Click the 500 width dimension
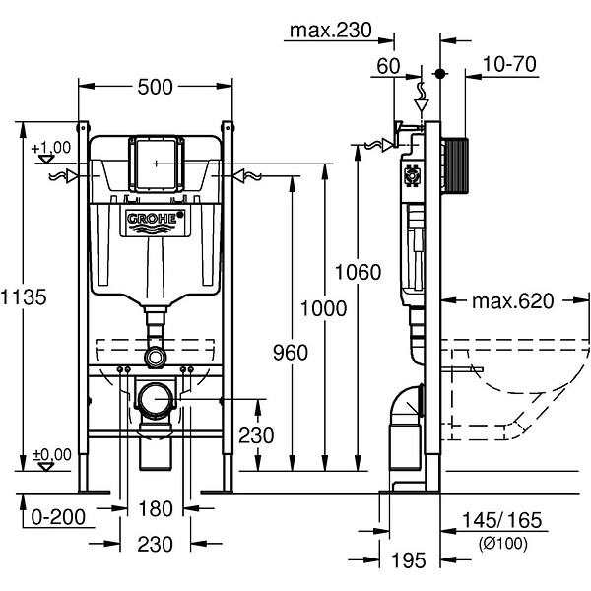[x=155, y=87]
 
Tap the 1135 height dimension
[x=24, y=297]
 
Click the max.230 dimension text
[x=331, y=31]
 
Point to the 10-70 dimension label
[x=509, y=64]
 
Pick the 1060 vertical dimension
[x=358, y=272]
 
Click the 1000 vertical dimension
[x=323, y=308]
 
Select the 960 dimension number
[x=291, y=353]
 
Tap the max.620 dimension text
[x=513, y=301]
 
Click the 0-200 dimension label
[x=58, y=517]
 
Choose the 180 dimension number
[x=156, y=509]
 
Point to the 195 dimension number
[x=409, y=560]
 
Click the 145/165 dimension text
[x=501, y=520]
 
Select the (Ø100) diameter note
[x=502, y=544]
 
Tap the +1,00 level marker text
[x=51, y=148]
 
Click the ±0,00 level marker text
[x=51, y=454]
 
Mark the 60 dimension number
[x=388, y=66]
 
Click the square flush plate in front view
[x=157, y=164]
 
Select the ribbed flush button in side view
[x=454, y=165]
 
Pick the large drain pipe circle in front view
[x=156, y=401]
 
